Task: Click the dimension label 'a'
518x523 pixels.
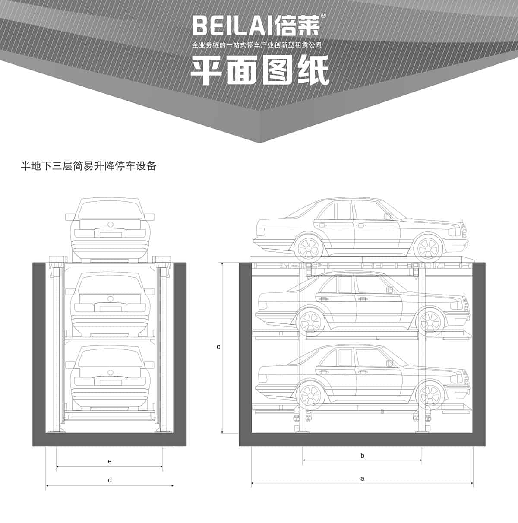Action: [362, 478]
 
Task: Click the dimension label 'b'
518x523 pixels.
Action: [362, 455]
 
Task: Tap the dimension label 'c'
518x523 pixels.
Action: [218, 346]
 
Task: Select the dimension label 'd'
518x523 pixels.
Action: [110, 480]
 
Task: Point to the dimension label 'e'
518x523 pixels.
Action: [110, 461]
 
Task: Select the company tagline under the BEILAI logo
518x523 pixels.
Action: [257, 45]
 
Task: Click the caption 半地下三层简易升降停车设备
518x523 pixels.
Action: [88, 166]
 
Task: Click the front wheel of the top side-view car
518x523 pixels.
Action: [428, 248]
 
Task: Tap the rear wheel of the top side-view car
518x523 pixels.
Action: [308, 248]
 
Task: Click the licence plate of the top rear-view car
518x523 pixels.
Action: [110, 235]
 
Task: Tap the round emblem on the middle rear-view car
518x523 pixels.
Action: [110, 298]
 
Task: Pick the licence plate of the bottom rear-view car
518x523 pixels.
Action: [110, 382]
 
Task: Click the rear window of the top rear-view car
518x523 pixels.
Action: [110, 210]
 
